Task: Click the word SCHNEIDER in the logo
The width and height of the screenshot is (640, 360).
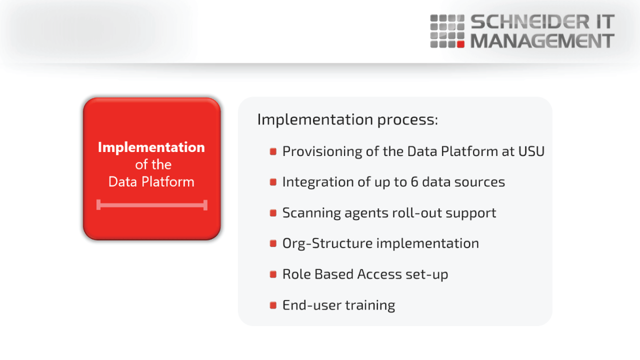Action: click(530, 22)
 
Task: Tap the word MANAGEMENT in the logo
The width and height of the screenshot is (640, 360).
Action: click(542, 41)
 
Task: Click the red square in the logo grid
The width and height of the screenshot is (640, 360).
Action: click(460, 44)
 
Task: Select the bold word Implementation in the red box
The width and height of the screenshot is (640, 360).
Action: click(151, 147)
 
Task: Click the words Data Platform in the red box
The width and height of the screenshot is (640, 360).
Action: click(151, 181)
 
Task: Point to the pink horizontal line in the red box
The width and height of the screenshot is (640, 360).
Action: click(152, 205)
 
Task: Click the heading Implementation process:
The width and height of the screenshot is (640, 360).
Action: click(347, 119)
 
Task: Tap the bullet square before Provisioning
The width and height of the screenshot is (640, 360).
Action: click(273, 151)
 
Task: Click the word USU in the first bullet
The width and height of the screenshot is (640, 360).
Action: click(531, 151)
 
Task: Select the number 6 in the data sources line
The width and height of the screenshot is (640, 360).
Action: click(414, 182)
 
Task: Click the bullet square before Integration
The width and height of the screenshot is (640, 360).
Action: click(273, 182)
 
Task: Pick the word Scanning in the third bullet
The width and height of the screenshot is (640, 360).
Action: click(311, 213)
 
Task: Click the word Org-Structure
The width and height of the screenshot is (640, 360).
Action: click(327, 243)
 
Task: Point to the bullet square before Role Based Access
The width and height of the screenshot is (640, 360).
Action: click(273, 274)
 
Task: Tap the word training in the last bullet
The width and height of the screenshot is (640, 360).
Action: click(370, 305)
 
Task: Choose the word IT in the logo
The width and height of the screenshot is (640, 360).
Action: click(605, 22)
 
